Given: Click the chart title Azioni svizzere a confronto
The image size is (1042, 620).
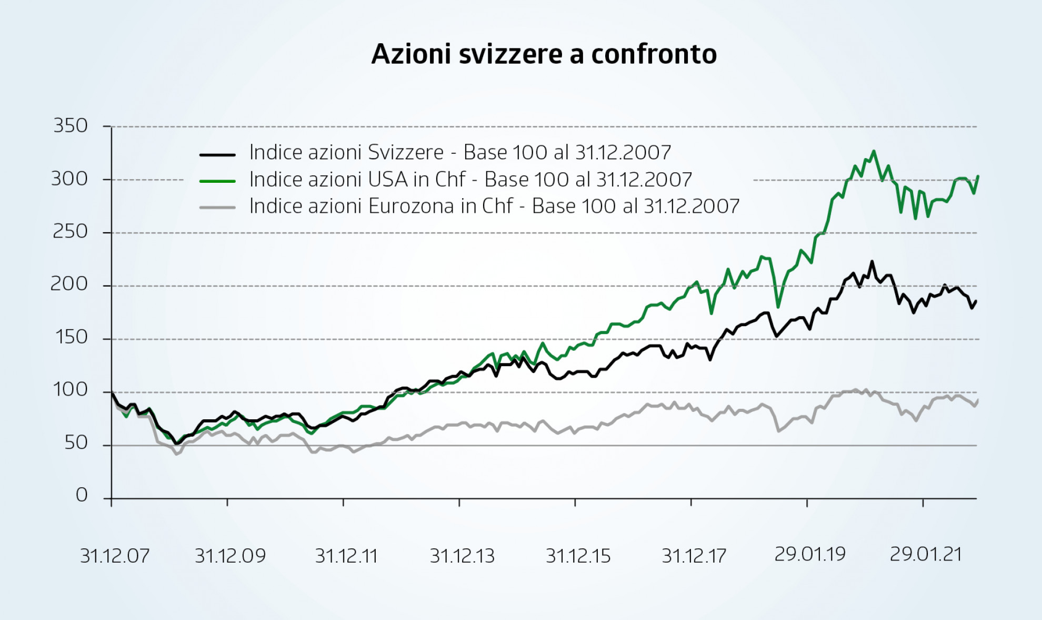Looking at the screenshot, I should click(x=544, y=54).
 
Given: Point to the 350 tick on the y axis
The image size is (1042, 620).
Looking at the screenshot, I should click(x=71, y=126).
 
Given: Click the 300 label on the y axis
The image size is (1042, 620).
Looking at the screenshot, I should click(x=69, y=179).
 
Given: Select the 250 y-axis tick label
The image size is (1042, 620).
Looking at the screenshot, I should click(x=70, y=232).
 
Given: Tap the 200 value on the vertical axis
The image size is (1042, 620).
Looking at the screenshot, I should click(x=69, y=284).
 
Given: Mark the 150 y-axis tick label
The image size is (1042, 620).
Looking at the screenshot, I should click(x=71, y=337).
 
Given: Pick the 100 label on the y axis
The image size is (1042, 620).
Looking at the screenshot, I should click(x=71, y=390).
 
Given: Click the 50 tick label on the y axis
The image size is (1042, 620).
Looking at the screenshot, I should click(x=76, y=443).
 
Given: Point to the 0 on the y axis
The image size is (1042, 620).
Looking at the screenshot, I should click(x=82, y=495).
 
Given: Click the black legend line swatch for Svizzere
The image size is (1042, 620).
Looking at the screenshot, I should click(x=217, y=155).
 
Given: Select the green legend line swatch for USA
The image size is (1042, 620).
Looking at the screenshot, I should click(x=217, y=181).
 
